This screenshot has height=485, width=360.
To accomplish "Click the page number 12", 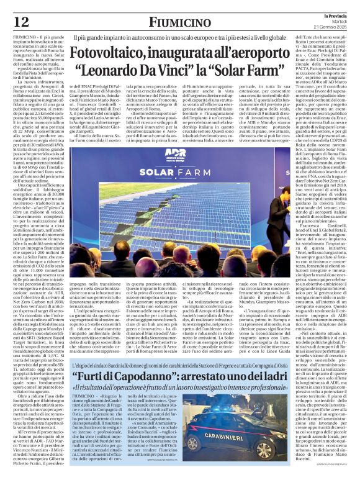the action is pos(20,21).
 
